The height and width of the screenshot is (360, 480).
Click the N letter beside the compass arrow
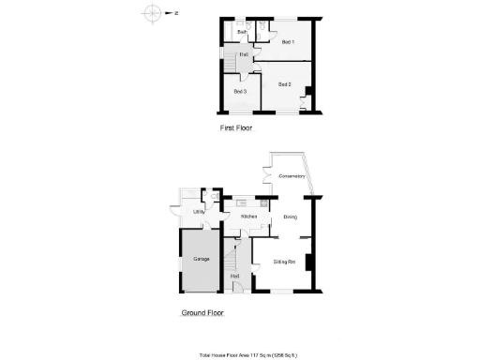tap(175, 13)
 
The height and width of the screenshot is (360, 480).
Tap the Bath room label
tap(241, 33)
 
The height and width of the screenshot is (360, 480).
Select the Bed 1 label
tap(288, 42)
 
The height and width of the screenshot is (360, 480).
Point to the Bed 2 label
tap(285, 85)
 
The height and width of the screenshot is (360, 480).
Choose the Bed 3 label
tap(240, 91)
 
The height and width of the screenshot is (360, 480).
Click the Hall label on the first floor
tap(244, 54)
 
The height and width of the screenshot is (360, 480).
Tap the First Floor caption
tap(234, 127)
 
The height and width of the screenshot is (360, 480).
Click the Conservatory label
tap(292, 175)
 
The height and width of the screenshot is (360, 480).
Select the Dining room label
tap(290, 217)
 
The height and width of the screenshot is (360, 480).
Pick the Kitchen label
tap(249, 217)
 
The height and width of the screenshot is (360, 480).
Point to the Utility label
tap(199, 212)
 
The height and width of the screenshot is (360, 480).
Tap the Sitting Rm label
tap(285, 261)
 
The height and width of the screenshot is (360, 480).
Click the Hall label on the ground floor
tap(235, 276)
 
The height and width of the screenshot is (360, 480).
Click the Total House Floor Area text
tap(254, 354)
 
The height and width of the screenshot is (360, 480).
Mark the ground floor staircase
tap(232, 258)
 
